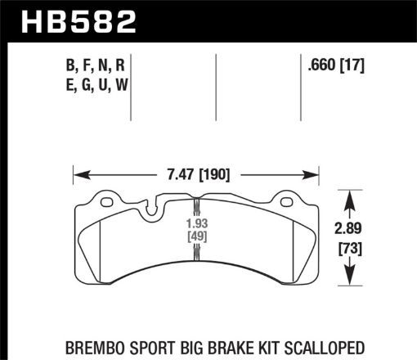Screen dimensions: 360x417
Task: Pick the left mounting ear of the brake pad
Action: tap(106, 199)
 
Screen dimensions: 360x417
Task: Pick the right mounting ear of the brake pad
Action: tap(285, 199)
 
